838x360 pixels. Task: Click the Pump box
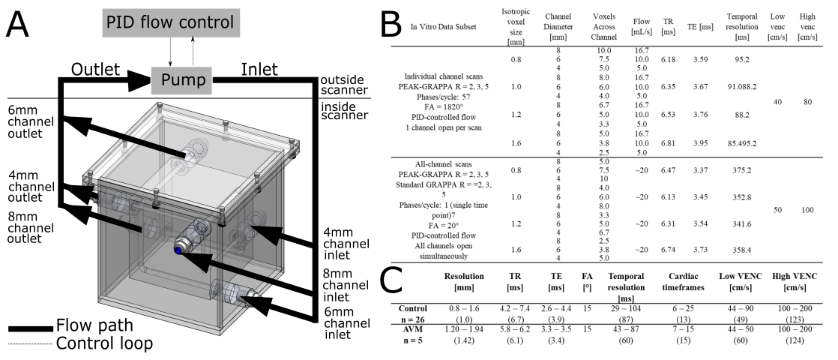pos(183,77)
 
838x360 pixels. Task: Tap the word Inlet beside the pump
pos(259,69)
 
